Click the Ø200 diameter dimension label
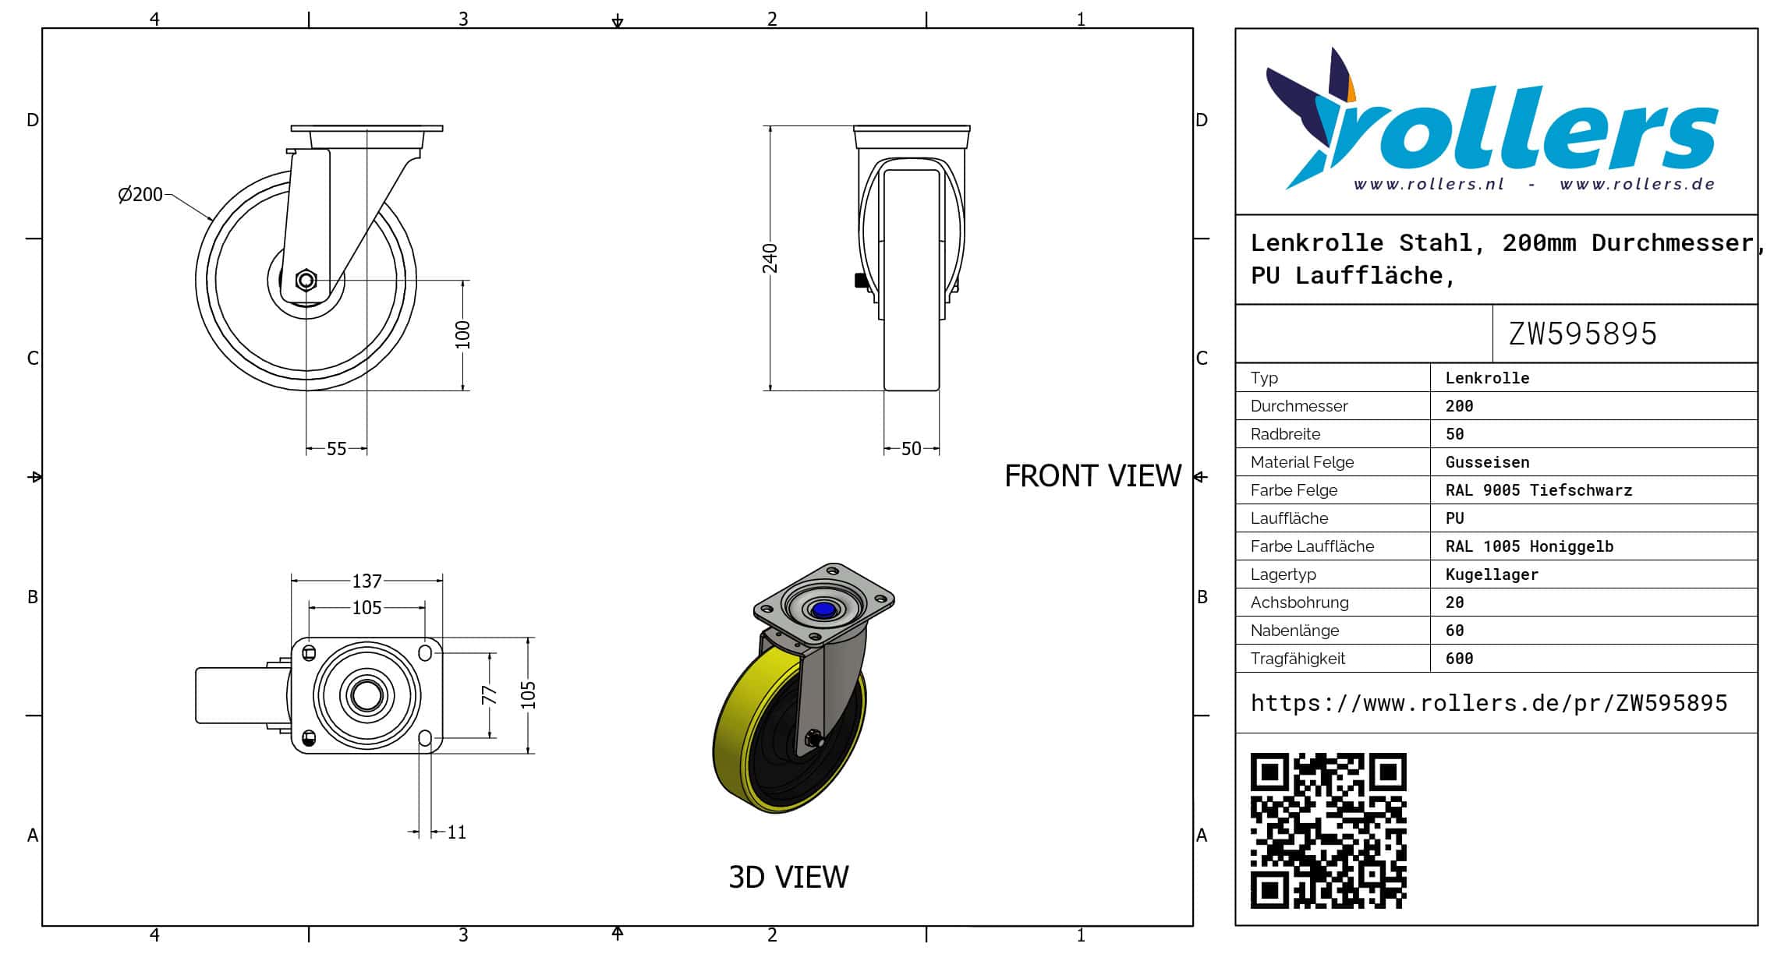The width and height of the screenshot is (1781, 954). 140,194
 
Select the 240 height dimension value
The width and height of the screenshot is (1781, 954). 770,258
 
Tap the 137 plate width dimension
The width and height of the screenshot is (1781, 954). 366,581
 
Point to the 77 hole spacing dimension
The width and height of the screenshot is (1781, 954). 489,694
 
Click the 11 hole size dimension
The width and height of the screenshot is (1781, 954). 457,832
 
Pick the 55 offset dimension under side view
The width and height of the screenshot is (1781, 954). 336,449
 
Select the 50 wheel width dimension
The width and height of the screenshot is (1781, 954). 911,449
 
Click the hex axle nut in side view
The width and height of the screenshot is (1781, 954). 306,280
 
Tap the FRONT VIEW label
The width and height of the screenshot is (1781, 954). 1092,475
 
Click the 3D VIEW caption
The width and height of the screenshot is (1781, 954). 788,877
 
